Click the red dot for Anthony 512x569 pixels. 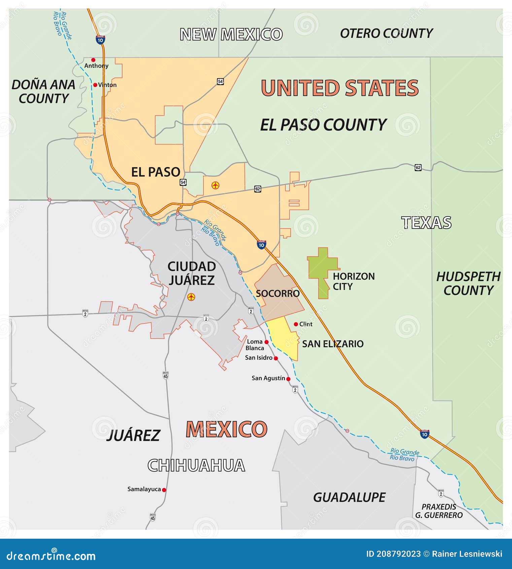pyautogui.click(x=93, y=60)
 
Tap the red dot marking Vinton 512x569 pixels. pyautogui.click(x=95, y=85)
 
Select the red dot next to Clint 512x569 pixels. pyautogui.click(x=296, y=324)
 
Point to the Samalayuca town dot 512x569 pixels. pyautogui.click(x=164, y=490)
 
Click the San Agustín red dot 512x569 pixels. pyautogui.click(x=288, y=379)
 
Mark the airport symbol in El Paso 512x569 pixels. pyautogui.click(x=215, y=185)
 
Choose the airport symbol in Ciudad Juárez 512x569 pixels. pyautogui.click(x=191, y=297)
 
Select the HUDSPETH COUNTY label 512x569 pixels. pyautogui.click(x=468, y=283)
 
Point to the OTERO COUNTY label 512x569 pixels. pyautogui.click(x=386, y=33)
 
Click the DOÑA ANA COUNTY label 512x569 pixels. pyautogui.click(x=43, y=92)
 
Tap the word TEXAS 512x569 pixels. pyautogui.click(x=426, y=223)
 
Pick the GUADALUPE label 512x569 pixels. pyautogui.click(x=349, y=497)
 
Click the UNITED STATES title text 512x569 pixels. pyautogui.click(x=340, y=88)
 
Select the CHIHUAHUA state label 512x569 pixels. pyautogui.click(x=196, y=465)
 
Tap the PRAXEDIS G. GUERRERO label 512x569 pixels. pyautogui.click(x=439, y=511)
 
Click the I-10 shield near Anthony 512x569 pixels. pyautogui.click(x=100, y=40)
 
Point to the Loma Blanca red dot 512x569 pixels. pyautogui.click(x=267, y=342)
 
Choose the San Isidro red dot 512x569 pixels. pyautogui.click(x=276, y=358)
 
